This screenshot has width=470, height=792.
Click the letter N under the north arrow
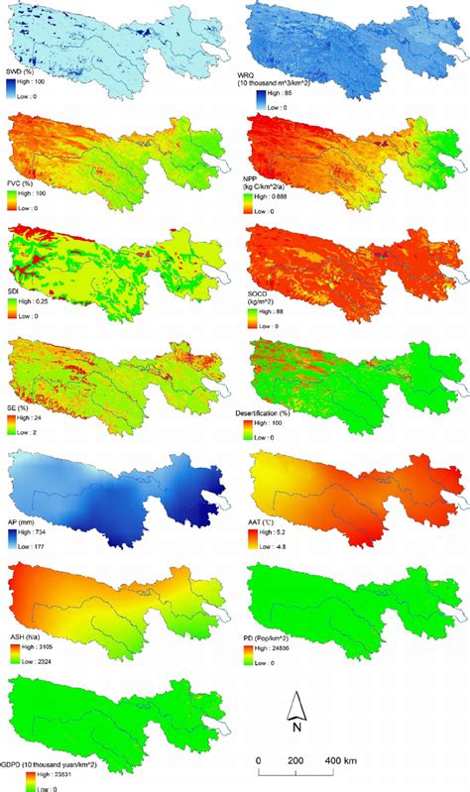click(295, 726)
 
